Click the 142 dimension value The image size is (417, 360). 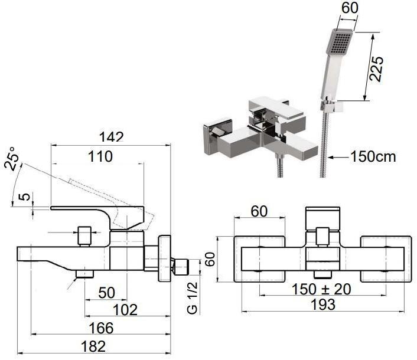(x=112, y=138)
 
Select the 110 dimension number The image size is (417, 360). (x=100, y=156)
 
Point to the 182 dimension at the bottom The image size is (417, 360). (x=93, y=346)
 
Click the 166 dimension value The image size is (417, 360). (x=101, y=328)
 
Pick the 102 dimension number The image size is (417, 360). (x=125, y=310)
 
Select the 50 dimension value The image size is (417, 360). (x=107, y=293)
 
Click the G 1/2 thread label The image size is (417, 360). (x=193, y=298)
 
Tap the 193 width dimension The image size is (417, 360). (x=323, y=305)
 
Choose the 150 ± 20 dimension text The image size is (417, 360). (x=321, y=289)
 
